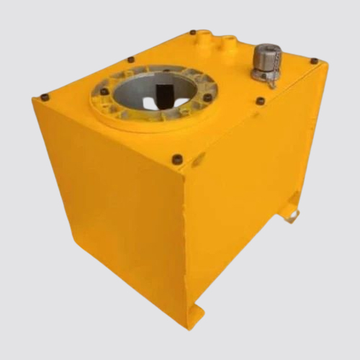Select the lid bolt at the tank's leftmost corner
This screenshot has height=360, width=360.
pos(45,96)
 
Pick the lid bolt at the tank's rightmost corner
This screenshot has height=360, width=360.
pos(314,61)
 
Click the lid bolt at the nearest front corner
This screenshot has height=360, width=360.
pos(177,159)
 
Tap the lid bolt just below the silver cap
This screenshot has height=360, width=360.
pos(260,101)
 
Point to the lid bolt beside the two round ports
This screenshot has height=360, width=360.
pos(193,32)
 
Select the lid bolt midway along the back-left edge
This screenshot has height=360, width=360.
pos(130,60)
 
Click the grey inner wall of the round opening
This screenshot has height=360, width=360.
pos(133,90)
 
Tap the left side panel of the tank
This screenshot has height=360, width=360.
pos(108,202)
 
